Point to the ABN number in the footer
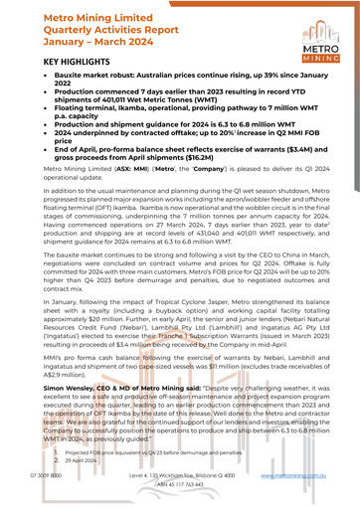tap(179, 486)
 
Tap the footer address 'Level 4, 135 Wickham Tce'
tap(179, 476)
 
